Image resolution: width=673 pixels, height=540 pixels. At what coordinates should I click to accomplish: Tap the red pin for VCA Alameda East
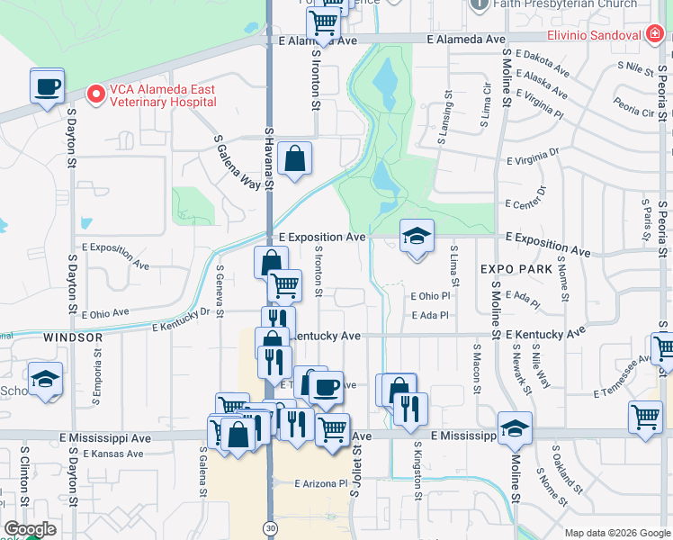tap(94, 94)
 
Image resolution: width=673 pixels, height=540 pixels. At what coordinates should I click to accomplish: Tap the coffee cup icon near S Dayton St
tap(47, 86)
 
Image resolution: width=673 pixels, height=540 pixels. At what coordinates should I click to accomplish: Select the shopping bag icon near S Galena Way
tap(294, 160)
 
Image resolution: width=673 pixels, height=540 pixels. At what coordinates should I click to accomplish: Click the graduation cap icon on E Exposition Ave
tap(417, 237)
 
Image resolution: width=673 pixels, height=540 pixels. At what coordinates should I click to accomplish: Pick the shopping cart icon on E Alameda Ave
tap(323, 23)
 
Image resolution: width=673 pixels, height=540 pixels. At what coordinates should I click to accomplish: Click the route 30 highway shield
tap(270, 526)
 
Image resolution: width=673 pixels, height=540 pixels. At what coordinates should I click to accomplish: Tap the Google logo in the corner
tap(30, 529)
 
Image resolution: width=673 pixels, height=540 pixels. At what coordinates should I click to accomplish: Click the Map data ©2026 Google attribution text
tap(616, 533)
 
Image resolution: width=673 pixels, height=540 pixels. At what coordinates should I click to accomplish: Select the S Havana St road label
tap(268, 158)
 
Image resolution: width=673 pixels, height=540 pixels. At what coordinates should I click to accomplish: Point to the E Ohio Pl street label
tap(429, 296)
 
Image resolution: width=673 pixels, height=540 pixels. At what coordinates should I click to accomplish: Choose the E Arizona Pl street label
tap(324, 483)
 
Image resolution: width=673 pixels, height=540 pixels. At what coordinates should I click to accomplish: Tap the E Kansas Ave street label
tap(113, 454)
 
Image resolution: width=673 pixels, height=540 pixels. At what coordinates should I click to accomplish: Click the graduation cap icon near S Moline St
tap(515, 428)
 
